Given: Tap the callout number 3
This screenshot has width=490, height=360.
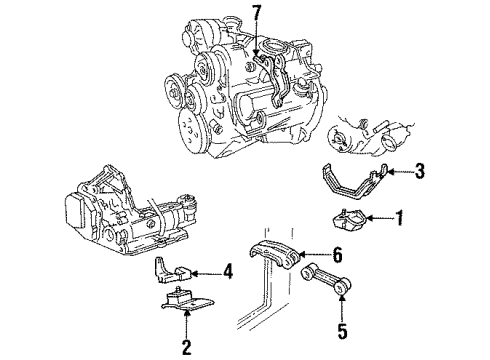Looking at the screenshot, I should pyautogui.click(x=392, y=171).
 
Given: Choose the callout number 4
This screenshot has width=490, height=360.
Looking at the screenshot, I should pyautogui.click(x=228, y=269).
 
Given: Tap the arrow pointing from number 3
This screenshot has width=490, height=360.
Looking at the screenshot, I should pyautogui.click(x=376, y=171).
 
